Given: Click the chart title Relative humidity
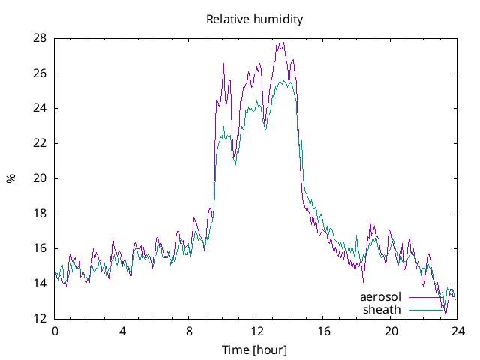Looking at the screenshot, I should pos(255,19).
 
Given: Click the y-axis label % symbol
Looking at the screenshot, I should pos(11,178).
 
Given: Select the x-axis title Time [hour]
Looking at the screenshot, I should pos(255,350).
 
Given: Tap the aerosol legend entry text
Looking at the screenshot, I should pos(381,297).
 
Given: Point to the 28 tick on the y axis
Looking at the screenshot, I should pos(40,38).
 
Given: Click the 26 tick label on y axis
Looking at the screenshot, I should pos(40,73).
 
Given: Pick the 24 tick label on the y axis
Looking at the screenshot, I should pos(40,108).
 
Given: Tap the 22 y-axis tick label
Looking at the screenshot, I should pos(40,143).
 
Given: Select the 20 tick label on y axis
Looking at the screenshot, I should pos(40,178).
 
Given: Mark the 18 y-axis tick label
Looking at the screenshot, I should pos(40,214).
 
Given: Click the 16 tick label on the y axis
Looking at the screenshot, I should pos(40,248).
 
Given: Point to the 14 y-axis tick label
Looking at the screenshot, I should pos(40,283).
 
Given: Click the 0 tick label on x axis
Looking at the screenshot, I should pos(55,331).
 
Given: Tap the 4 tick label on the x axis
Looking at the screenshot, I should pos(122,331).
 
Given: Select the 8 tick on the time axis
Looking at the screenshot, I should pos(189,331).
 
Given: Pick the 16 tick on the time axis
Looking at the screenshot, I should pos(323,331).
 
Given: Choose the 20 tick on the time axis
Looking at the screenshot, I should pos(391,331).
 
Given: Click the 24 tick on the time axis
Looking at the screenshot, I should pos(457,331).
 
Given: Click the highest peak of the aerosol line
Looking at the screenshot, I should pos(283,43).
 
